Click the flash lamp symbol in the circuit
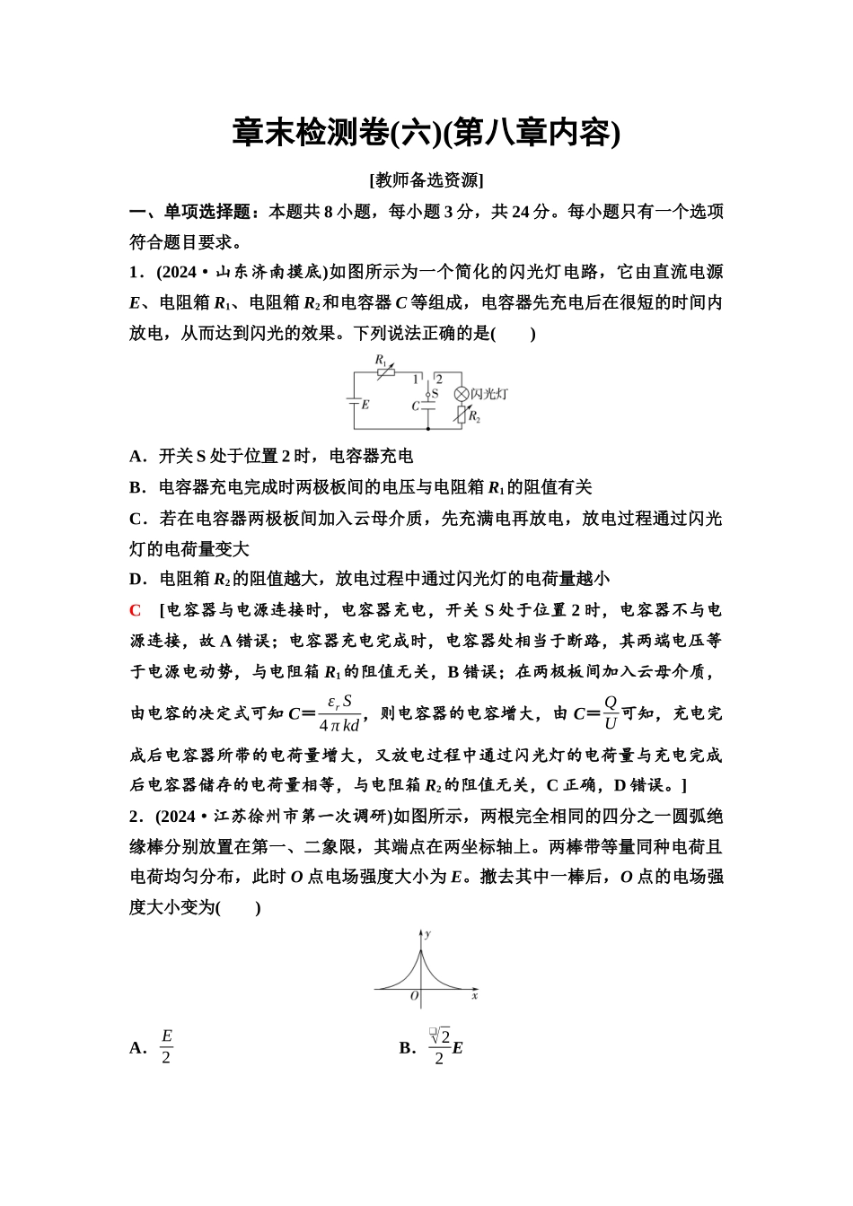click(x=462, y=394)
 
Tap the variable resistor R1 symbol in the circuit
click(x=384, y=371)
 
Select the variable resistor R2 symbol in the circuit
click(x=462, y=415)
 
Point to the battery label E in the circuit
click(x=365, y=405)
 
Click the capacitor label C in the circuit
click(x=415, y=406)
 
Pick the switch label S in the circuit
click(x=435, y=393)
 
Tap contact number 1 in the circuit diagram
click(x=416, y=380)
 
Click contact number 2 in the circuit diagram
click(x=439, y=380)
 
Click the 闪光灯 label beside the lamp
click(x=490, y=394)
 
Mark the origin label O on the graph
click(x=414, y=996)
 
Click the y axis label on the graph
click(x=427, y=934)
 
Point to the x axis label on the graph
click(x=474, y=996)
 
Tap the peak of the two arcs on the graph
click(x=421, y=949)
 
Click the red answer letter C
click(x=136, y=610)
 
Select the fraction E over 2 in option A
click(x=166, y=1047)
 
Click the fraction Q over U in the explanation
click(x=611, y=713)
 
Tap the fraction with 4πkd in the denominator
click(x=339, y=713)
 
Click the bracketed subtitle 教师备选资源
click(x=426, y=180)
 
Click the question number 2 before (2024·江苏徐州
click(x=134, y=817)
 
